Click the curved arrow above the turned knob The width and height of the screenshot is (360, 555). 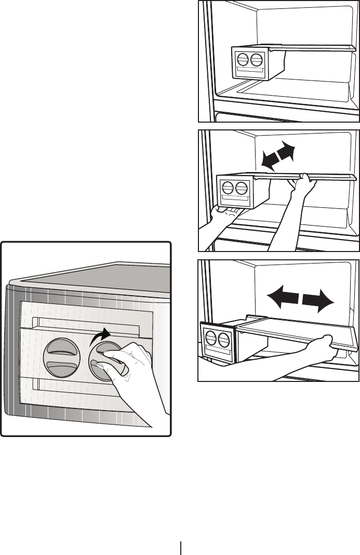point(100,336)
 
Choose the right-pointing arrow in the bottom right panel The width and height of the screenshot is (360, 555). point(317,299)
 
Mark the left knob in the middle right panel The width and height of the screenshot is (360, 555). point(227,188)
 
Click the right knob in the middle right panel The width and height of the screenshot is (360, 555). point(241,188)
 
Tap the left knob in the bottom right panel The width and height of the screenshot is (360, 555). point(211,339)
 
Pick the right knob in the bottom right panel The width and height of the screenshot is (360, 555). point(223,340)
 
